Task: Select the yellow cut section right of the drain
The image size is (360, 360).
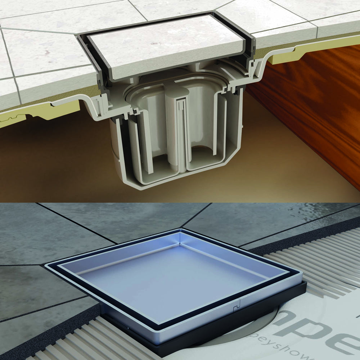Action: [x=288, y=56]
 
